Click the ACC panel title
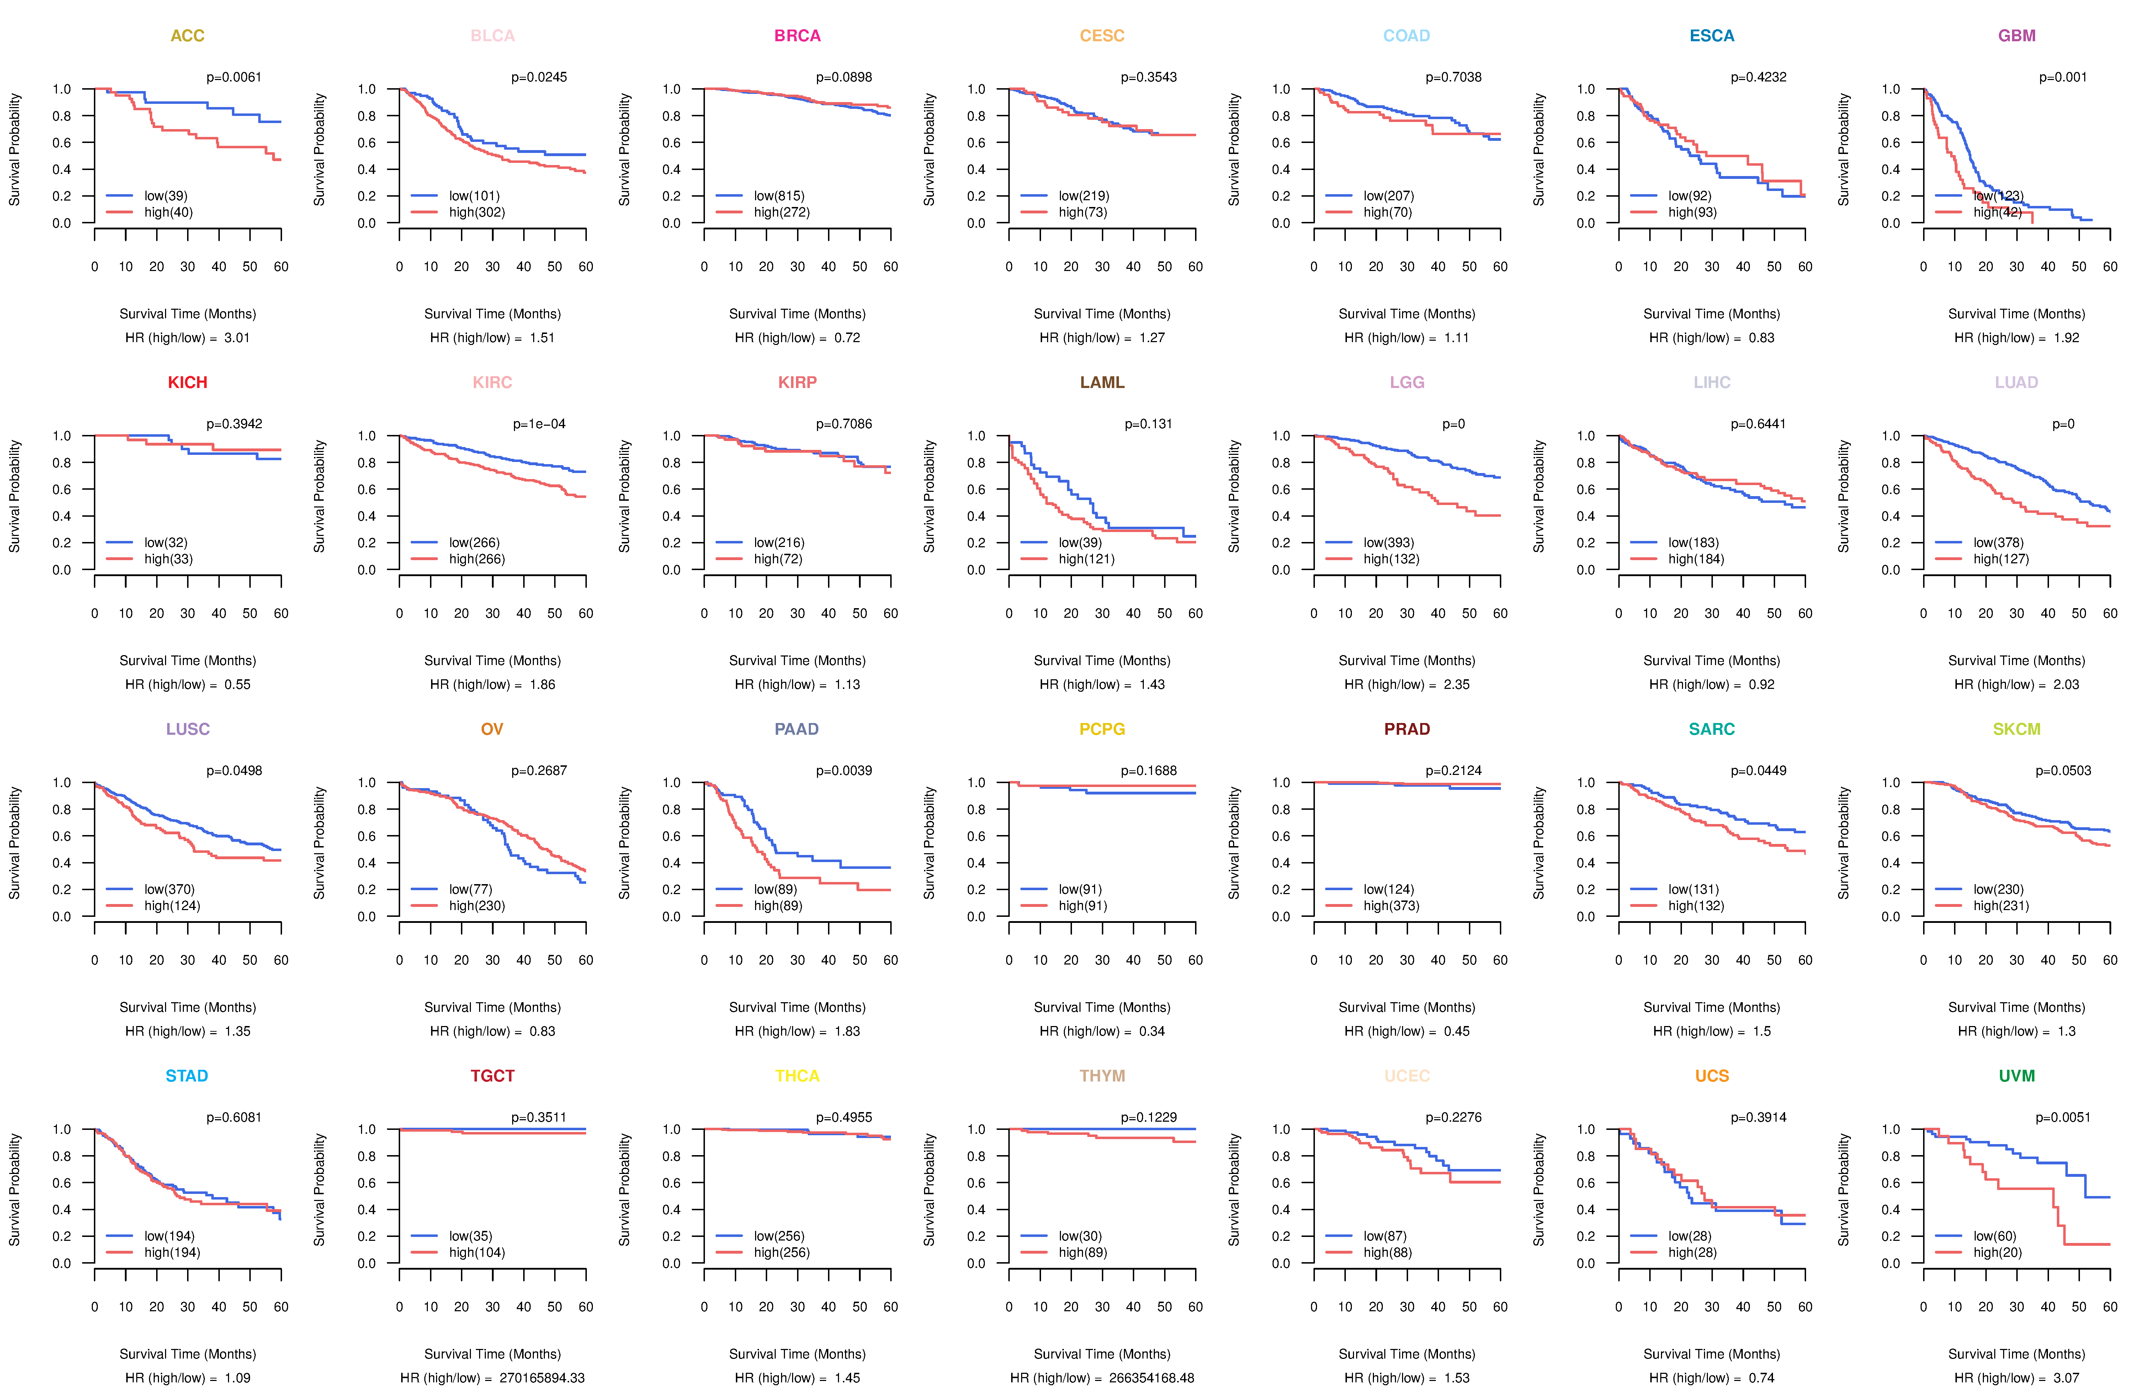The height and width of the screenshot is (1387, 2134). (187, 36)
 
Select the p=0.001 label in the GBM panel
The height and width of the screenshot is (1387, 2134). (2062, 77)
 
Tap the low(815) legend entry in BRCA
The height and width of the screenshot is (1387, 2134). (778, 196)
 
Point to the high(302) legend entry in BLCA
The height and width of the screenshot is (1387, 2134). (476, 212)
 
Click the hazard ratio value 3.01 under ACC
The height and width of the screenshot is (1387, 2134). (237, 338)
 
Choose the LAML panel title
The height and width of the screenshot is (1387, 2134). (1102, 383)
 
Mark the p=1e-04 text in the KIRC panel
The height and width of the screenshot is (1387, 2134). (539, 424)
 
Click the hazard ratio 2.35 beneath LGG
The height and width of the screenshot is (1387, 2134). (1456, 685)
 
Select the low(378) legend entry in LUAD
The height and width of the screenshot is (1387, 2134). (1998, 542)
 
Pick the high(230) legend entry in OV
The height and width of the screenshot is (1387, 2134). (476, 905)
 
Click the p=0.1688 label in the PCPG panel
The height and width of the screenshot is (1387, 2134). (1148, 771)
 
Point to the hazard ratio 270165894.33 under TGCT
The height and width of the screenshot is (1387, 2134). (542, 1378)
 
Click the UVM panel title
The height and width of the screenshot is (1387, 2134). (2017, 1076)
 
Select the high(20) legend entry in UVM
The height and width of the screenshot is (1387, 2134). (1997, 1253)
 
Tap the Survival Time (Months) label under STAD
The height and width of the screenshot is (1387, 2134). (187, 1354)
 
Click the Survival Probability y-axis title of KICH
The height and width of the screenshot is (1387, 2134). (14, 496)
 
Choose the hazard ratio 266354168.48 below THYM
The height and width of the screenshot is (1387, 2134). (1151, 1378)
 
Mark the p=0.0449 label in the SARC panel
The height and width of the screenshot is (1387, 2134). (1758, 771)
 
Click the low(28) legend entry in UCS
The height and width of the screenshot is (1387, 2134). (1689, 1236)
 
